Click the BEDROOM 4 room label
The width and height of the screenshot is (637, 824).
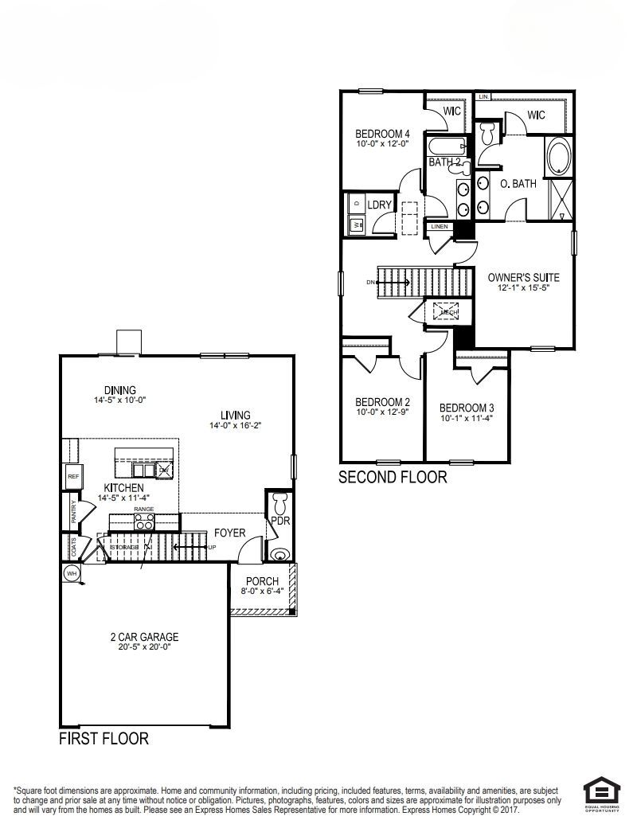[382, 134]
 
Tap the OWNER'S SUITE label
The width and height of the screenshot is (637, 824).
[523, 278]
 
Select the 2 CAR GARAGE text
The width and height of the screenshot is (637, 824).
[144, 637]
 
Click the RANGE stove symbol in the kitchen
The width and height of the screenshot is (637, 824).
[144, 522]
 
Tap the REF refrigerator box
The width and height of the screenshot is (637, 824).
[73, 476]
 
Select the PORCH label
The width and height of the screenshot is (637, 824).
[262, 581]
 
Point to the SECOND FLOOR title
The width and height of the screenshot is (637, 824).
[393, 478]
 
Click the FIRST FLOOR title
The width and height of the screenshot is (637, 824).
[104, 739]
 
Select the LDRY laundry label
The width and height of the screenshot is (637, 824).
[380, 205]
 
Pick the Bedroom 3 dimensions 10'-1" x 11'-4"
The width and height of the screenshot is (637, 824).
[467, 418]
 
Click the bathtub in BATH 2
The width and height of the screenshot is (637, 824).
[444, 147]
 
